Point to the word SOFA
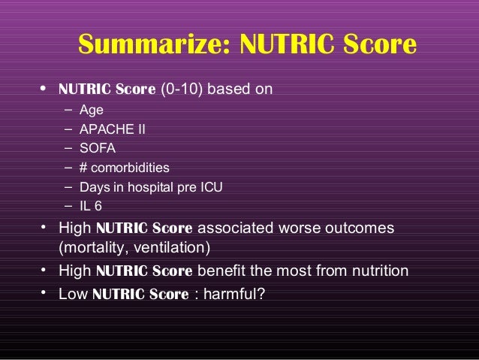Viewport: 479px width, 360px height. (103, 148)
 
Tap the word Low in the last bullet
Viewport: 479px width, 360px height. (73, 293)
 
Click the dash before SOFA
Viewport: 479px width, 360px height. (68, 148)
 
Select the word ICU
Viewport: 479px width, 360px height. (210, 186)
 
